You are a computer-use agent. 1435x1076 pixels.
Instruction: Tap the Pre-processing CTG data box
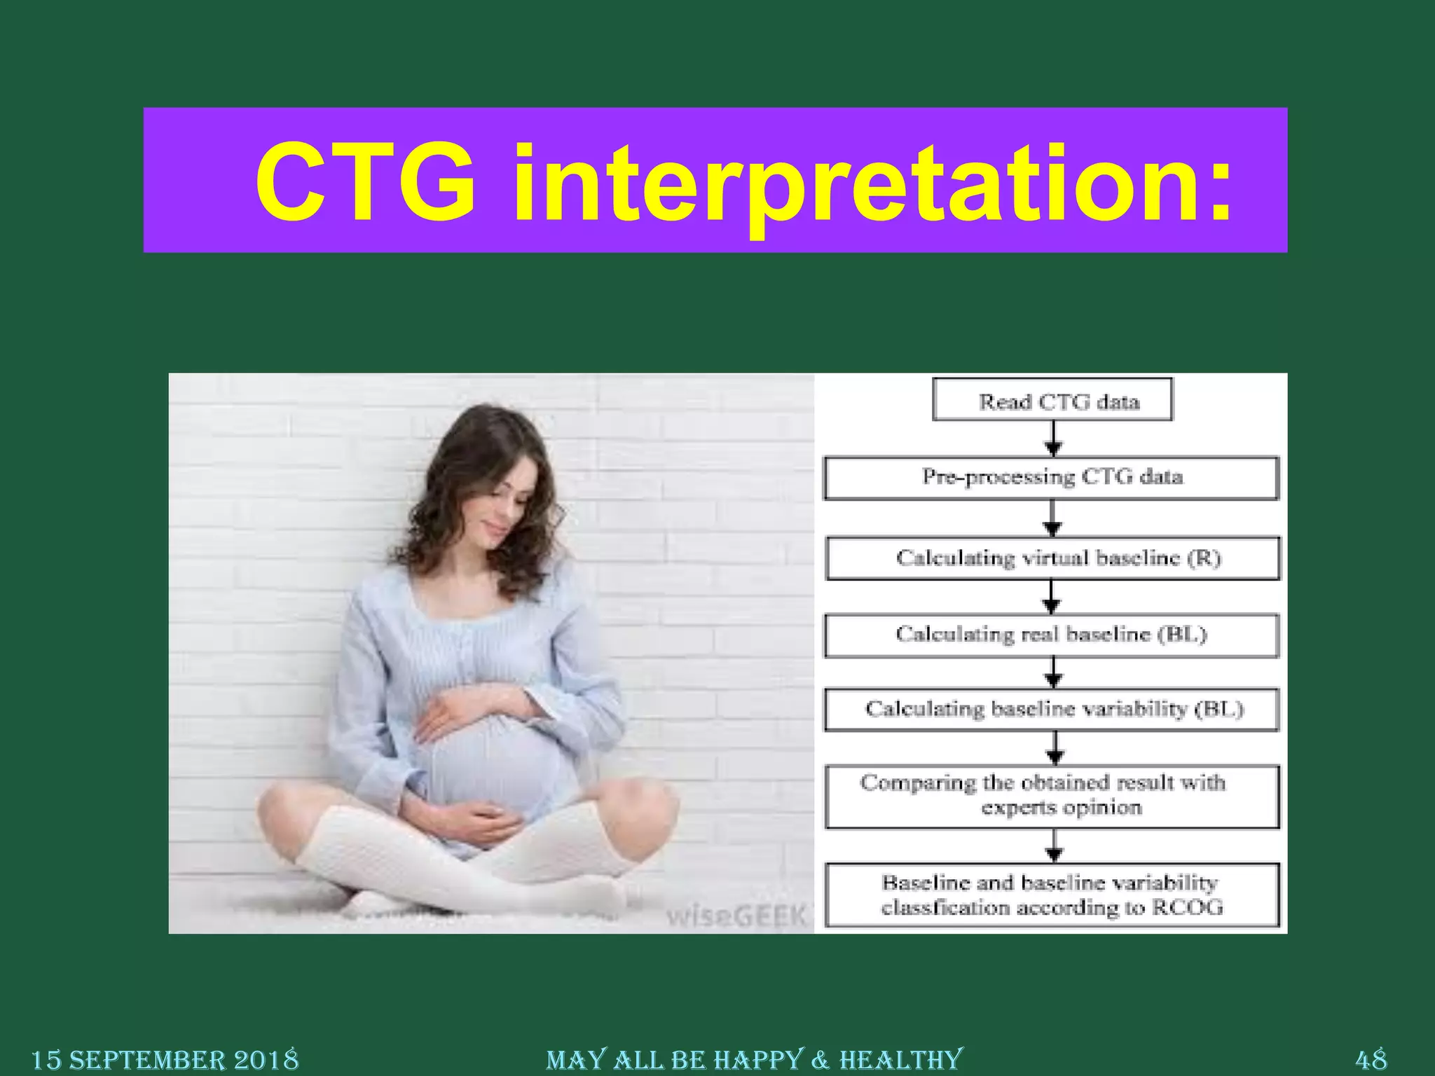click(x=1052, y=478)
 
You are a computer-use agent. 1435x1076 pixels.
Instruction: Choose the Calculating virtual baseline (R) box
click(x=1053, y=558)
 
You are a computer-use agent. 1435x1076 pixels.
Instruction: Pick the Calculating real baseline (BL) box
click(x=1052, y=635)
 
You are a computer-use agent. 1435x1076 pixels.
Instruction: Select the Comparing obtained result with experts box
click(x=1052, y=796)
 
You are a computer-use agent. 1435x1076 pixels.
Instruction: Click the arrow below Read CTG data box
click(x=1053, y=439)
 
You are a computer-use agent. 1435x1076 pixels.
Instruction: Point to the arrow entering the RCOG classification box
click(x=1054, y=846)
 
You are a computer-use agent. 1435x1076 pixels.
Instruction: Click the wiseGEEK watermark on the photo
click(x=736, y=915)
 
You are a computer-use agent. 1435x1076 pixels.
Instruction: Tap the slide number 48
click(x=1371, y=1058)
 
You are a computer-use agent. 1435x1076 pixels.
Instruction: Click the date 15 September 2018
click(x=165, y=1059)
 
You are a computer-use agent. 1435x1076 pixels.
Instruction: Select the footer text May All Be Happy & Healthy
click(x=755, y=1059)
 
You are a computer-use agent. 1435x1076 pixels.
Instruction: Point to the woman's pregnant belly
click(x=490, y=764)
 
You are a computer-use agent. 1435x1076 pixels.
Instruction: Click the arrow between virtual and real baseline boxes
click(x=1051, y=597)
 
